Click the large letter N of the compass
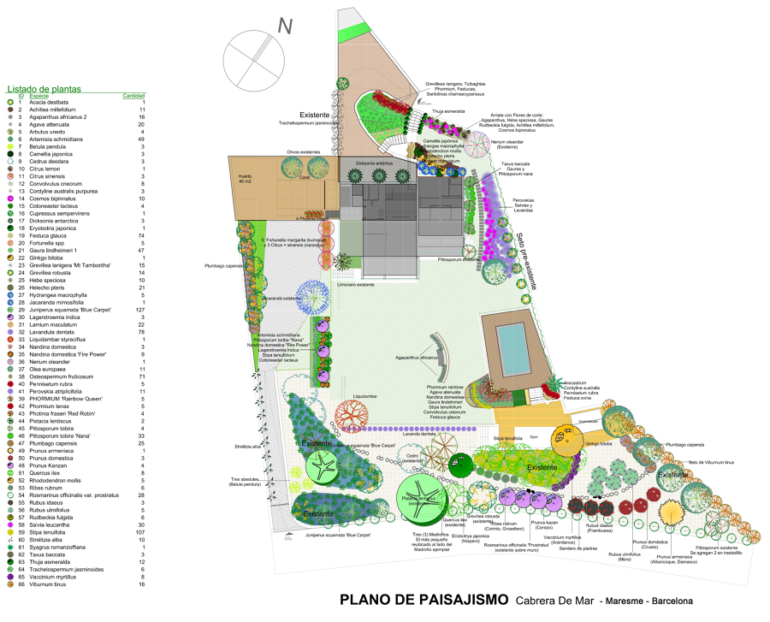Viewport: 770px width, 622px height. click(285, 27)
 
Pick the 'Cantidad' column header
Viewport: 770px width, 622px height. click(133, 96)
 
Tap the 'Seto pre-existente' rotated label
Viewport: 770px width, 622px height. click(524, 262)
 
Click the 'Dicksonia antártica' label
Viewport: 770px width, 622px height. click(373, 163)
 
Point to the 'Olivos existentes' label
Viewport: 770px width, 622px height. click(303, 152)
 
